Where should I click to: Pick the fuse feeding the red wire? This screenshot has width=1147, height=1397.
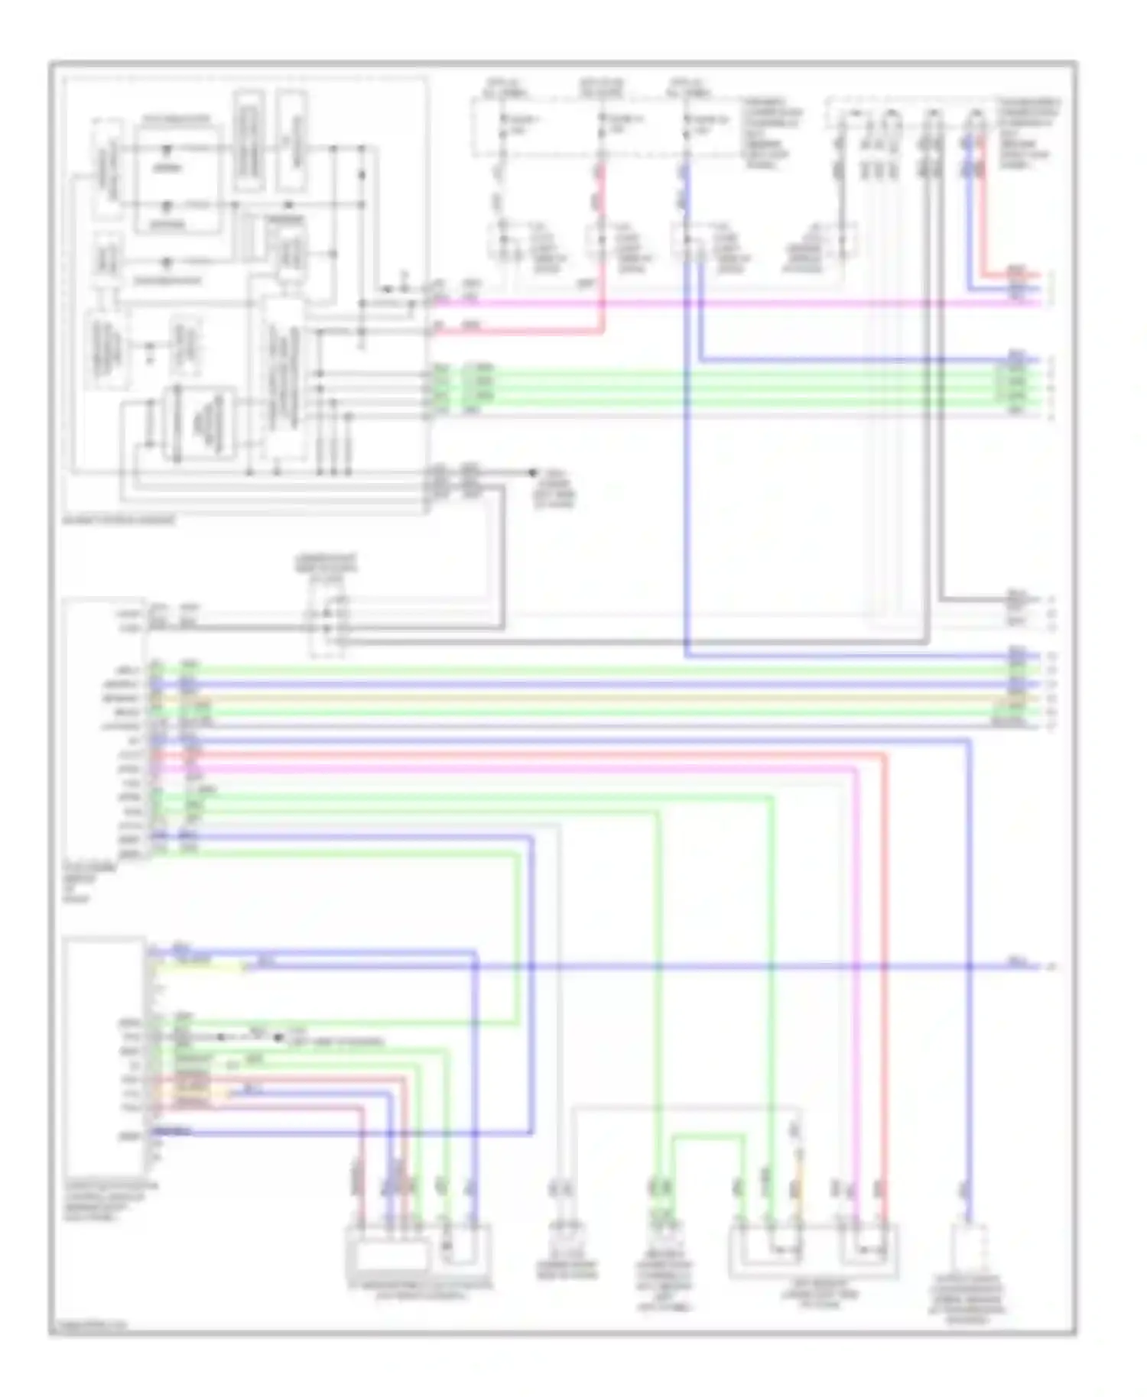pyautogui.click(x=602, y=122)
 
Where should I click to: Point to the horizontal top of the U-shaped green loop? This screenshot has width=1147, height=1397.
pyautogui.click(x=707, y=1136)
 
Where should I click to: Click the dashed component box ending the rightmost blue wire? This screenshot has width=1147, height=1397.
pyautogui.click(x=968, y=1246)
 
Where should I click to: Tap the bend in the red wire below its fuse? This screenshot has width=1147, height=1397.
pyautogui.click(x=602, y=332)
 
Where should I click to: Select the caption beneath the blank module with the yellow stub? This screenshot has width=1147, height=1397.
pyautogui.click(x=107, y=1201)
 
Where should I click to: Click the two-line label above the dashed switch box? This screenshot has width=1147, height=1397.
pyautogui.click(x=326, y=564)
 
